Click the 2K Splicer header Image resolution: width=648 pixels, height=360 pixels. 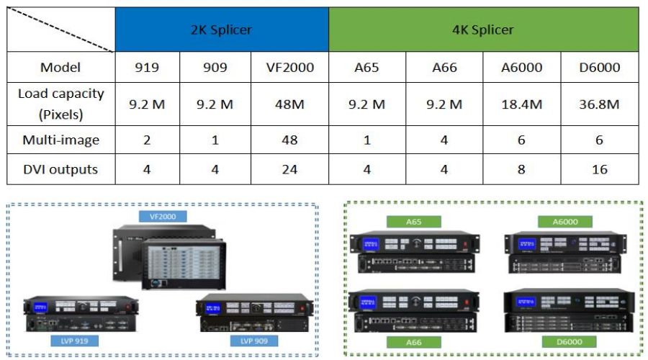[x=222, y=30]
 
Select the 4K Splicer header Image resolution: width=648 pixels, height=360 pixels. [x=483, y=30]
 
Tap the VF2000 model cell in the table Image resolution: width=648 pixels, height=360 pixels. [x=290, y=68]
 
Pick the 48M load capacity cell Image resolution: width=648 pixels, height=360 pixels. [x=290, y=104]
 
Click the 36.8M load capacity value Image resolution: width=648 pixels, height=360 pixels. [x=599, y=104]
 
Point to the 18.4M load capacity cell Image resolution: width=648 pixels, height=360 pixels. [x=522, y=104]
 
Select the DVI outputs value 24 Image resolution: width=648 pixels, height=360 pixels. [x=290, y=170]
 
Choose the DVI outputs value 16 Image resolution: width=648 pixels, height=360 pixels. [x=599, y=170]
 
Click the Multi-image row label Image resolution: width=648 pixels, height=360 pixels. [x=60, y=140]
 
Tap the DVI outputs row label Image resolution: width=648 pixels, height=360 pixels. [x=60, y=170]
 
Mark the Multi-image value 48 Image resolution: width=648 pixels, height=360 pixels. [x=290, y=140]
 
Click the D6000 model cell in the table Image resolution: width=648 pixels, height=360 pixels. [x=599, y=68]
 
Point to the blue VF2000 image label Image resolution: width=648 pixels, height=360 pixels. [x=163, y=215]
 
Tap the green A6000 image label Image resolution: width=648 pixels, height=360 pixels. [x=564, y=222]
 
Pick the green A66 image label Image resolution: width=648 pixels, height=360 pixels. [x=413, y=342]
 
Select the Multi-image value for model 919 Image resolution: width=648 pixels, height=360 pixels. [x=147, y=140]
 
